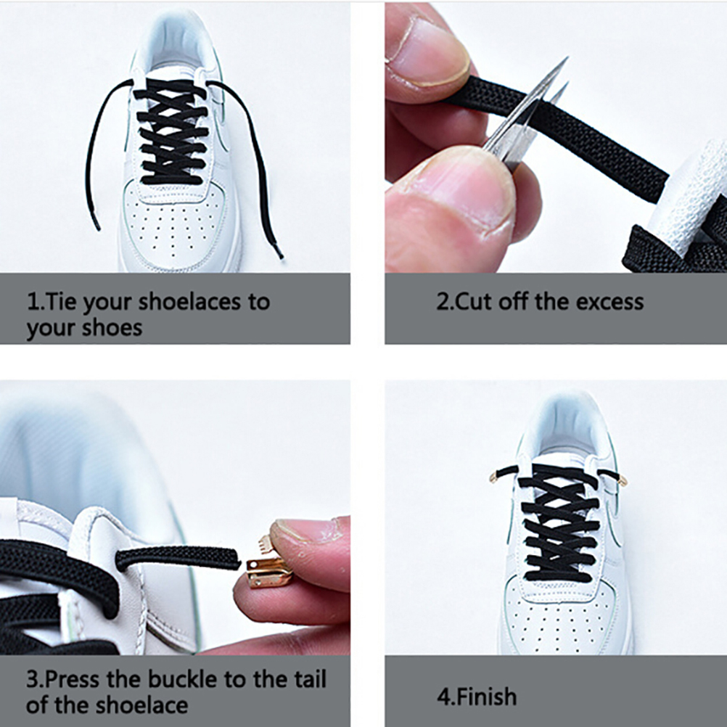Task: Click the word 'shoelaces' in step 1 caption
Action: (189, 302)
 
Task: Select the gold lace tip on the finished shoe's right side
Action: (623, 480)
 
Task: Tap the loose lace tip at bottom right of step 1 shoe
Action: (278, 251)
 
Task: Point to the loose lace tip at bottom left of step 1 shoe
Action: (96, 223)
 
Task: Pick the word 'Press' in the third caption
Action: (73, 679)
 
